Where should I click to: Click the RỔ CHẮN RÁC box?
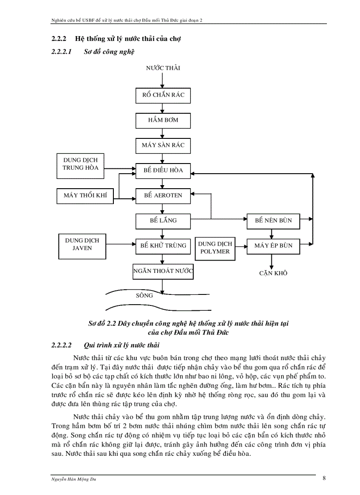[x=163, y=95]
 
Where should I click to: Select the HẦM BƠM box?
[x=163, y=120]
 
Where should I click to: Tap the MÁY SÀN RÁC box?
[x=163, y=145]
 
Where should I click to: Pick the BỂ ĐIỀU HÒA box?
[x=163, y=170]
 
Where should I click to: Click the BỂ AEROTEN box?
[x=163, y=195]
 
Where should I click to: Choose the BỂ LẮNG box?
[x=163, y=220]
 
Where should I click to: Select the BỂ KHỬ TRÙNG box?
[x=163, y=246]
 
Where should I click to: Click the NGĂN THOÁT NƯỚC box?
[x=163, y=271]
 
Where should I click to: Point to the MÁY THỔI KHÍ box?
[x=85, y=195]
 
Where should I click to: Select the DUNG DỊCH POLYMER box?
[x=215, y=248]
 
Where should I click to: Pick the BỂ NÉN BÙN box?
[x=273, y=220]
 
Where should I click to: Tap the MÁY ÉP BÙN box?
[x=273, y=246]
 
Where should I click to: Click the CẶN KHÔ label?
[x=273, y=273]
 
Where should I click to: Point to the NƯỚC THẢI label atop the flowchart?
[x=163, y=68]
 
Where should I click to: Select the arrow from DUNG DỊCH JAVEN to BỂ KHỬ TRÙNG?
[x=120, y=244]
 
